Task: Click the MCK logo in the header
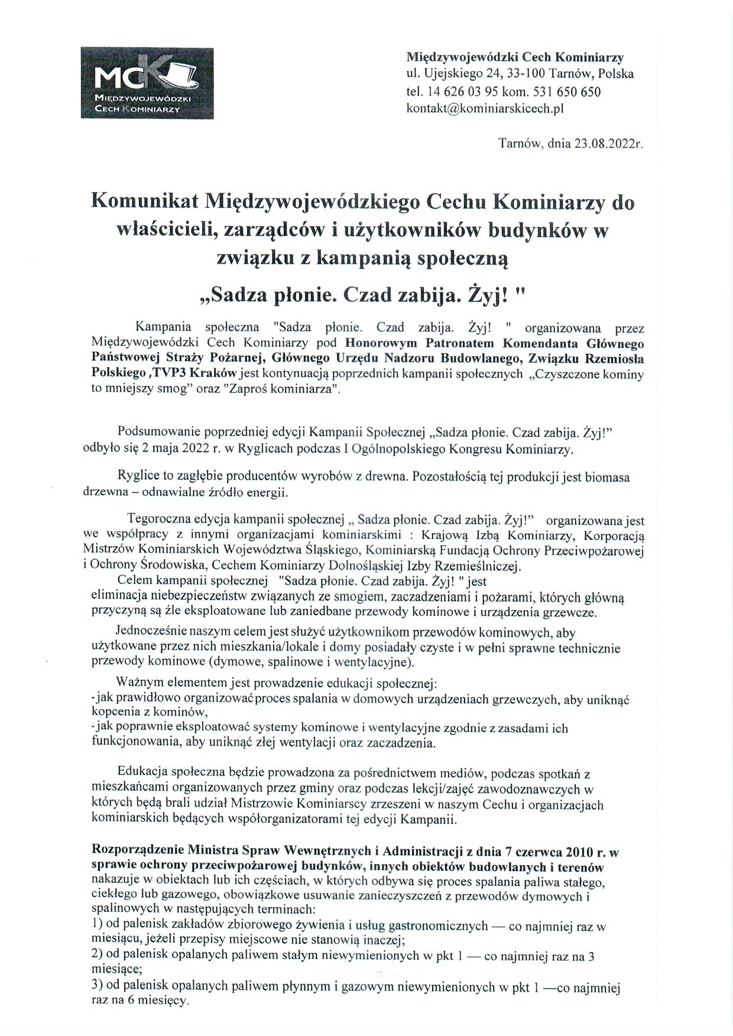point(147,83)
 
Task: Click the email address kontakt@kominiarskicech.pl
point(485,109)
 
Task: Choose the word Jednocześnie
point(151,632)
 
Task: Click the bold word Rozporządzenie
point(137,852)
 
